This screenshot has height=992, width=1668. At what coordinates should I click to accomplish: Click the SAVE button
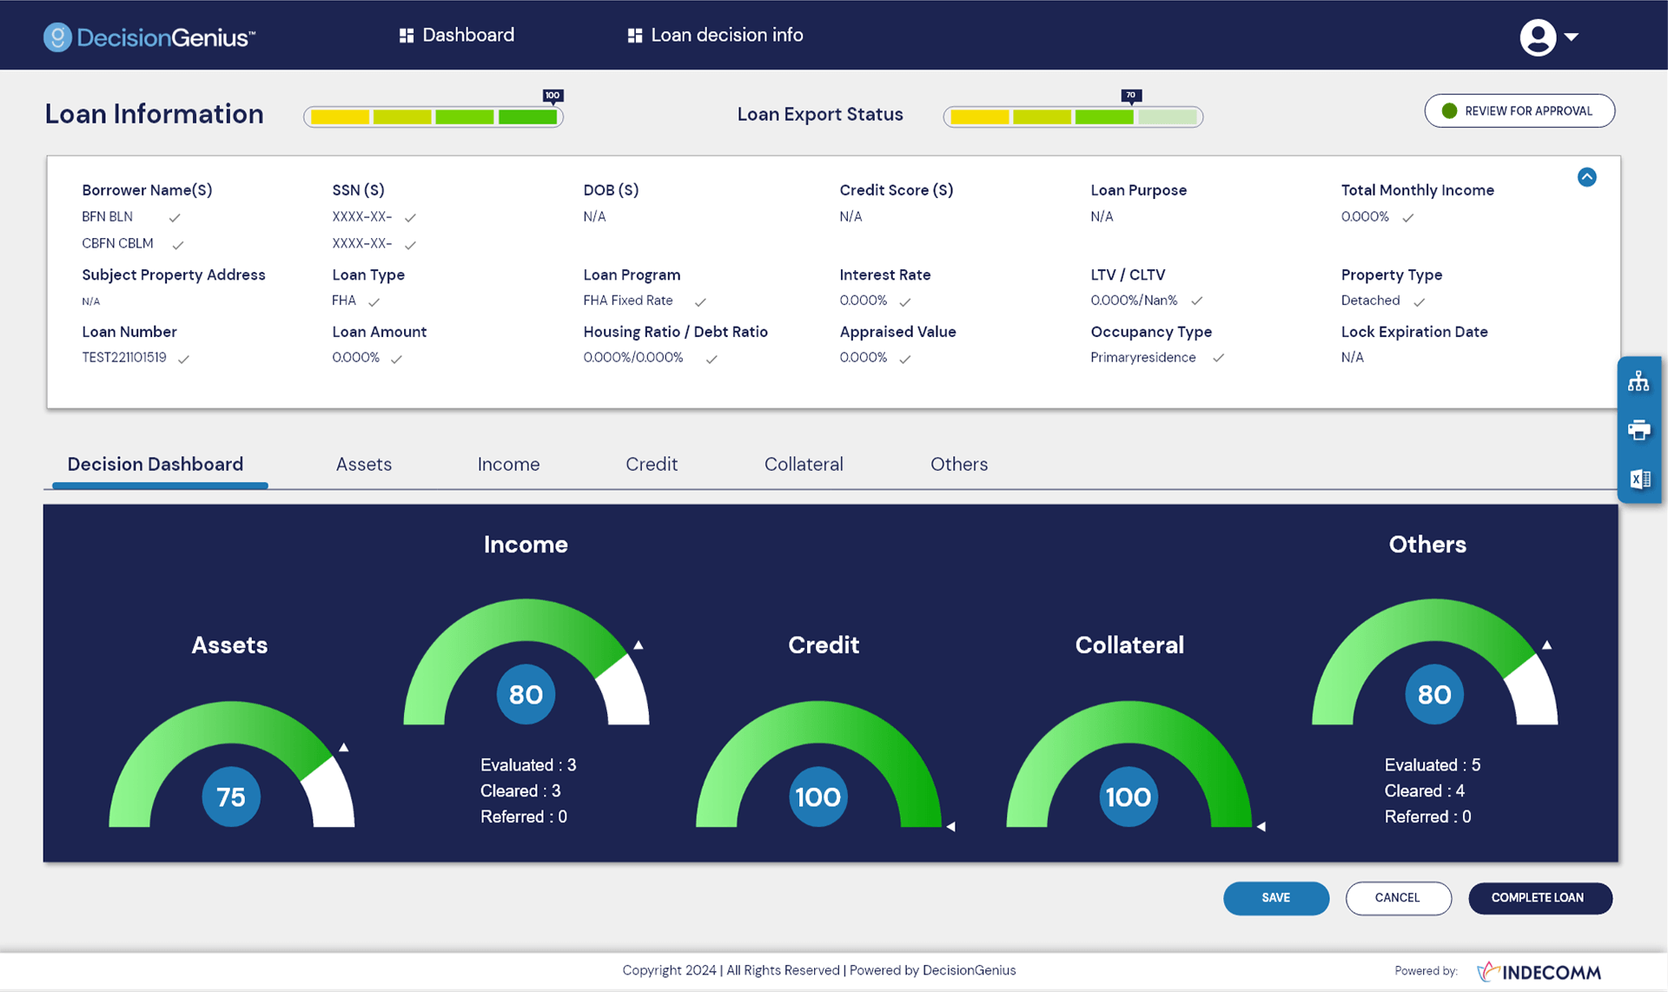pyautogui.click(x=1275, y=897)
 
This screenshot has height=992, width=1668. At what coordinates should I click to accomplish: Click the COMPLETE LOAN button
pyautogui.click(x=1539, y=897)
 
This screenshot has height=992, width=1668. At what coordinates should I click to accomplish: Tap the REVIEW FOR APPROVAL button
pyautogui.click(x=1519, y=111)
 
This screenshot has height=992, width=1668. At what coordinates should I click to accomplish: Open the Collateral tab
pyautogui.click(x=803, y=464)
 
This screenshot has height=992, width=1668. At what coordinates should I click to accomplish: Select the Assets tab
pyautogui.click(x=363, y=464)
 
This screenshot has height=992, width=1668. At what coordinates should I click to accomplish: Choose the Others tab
pyautogui.click(x=958, y=464)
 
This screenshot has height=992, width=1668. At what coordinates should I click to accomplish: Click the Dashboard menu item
pyautogui.click(x=456, y=35)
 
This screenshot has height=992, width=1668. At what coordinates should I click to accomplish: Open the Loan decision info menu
pyautogui.click(x=715, y=35)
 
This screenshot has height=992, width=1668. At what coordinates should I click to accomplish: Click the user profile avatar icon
pyautogui.click(x=1538, y=36)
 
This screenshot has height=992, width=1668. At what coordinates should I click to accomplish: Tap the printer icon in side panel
pyautogui.click(x=1638, y=430)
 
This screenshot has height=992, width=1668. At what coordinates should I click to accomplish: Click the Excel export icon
pyautogui.click(x=1638, y=479)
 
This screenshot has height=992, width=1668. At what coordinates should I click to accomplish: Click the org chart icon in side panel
pyautogui.click(x=1638, y=381)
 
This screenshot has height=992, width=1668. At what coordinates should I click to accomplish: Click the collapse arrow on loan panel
pyautogui.click(x=1586, y=177)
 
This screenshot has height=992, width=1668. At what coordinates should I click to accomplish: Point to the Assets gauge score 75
pyautogui.click(x=231, y=797)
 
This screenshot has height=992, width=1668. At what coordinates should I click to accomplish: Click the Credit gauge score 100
pyautogui.click(x=817, y=797)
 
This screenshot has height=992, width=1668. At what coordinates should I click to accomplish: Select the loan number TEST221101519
pyautogui.click(x=124, y=357)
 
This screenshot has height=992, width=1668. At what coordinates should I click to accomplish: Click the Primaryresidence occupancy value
pyautogui.click(x=1142, y=357)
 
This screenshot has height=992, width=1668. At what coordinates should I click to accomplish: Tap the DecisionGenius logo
pyautogui.click(x=149, y=36)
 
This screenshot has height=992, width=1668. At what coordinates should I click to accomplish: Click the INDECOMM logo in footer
pyautogui.click(x=1539, y=971)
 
